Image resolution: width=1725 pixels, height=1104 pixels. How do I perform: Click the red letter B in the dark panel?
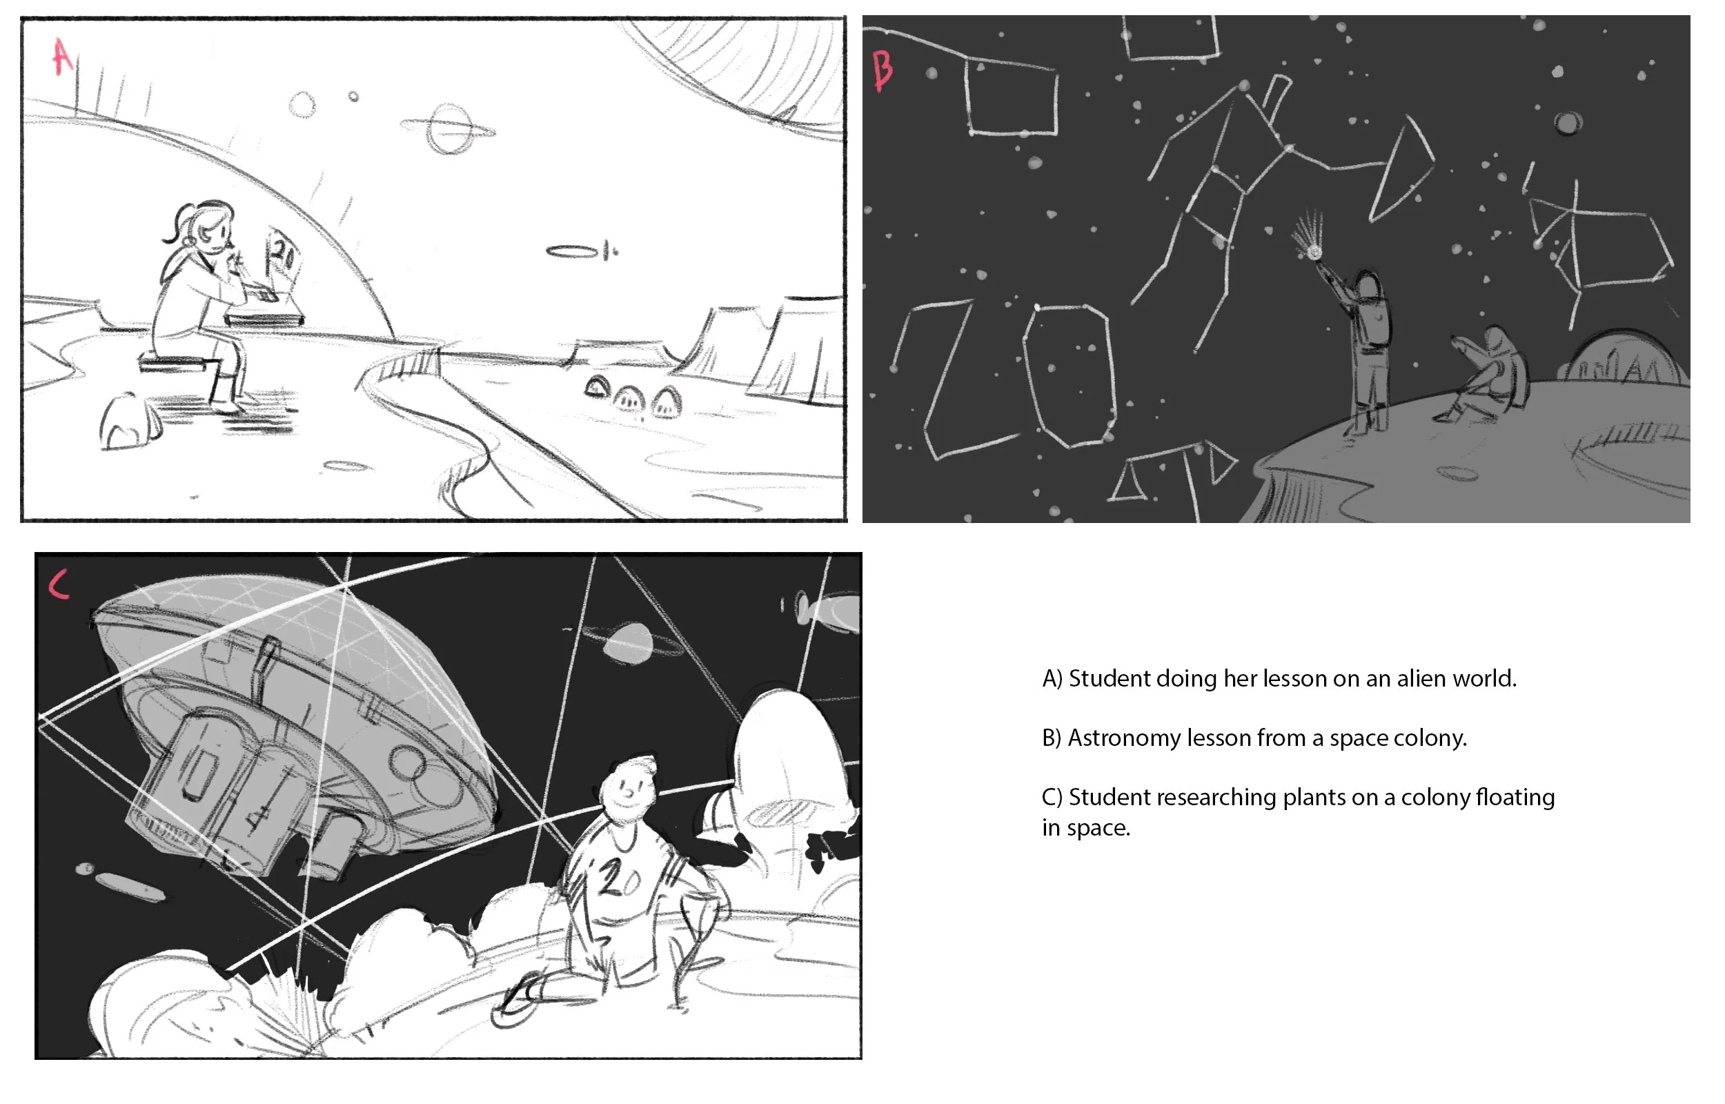[x=883, y=71]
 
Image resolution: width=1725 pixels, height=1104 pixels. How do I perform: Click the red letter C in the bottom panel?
[x=59, y=584]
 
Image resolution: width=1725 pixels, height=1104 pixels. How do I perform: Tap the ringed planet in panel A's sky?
[x=448, y=130]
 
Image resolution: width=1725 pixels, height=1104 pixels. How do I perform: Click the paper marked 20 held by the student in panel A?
[x=282, y=255]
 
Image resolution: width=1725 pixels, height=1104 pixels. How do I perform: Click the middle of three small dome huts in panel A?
[x=631, y=399]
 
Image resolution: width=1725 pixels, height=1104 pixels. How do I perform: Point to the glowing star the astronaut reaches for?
[x=1314, y=252]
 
